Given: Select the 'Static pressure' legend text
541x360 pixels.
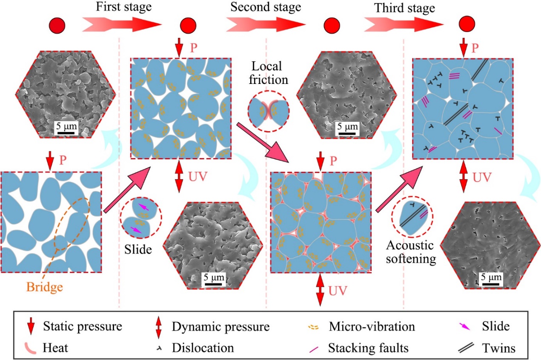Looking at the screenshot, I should click(x=83, y=327).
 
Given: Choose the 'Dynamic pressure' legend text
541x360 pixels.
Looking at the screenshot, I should click(x=221, y=327).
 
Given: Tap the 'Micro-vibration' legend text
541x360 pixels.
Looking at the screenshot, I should click(x=372, y=327).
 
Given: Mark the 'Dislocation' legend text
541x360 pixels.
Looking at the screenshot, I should click(x=203, y=348).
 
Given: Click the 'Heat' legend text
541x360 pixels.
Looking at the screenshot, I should click(x=56, y=348).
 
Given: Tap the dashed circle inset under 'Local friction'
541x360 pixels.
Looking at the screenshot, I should click(x=269, y=112).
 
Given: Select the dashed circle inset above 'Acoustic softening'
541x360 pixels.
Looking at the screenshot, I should click(x=412, y=215).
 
